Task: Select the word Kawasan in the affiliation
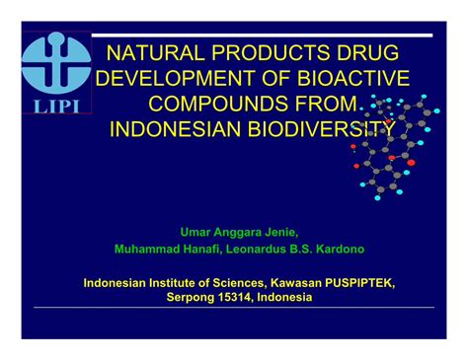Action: (x=294, y=281)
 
